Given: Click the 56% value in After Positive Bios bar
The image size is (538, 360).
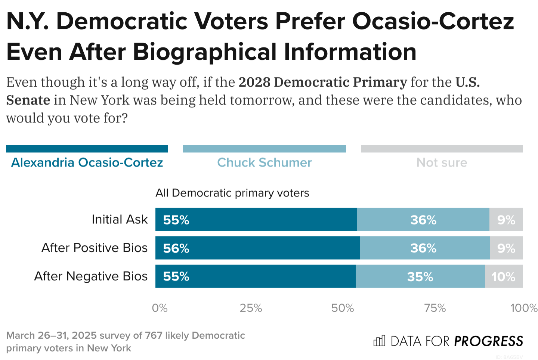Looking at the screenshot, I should pos(176,248).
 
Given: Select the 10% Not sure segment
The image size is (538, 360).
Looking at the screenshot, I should pos(503,277).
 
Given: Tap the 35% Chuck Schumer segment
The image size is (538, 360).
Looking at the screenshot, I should pos(420,277).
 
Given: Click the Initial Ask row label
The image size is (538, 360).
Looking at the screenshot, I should pos(120,220).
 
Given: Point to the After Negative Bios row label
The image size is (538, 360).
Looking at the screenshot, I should pos(91,276).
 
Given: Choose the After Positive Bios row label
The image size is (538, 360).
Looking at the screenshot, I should pos(95,248).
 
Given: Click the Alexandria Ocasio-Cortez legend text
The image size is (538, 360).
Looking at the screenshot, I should pos(87,162).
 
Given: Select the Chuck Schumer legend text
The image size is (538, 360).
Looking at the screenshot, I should pos(264,162).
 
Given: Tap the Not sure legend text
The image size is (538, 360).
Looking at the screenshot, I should pos(442,162).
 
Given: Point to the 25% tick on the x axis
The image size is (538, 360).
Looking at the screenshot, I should pos(251,308).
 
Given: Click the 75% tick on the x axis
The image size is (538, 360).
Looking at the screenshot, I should pos(435,308).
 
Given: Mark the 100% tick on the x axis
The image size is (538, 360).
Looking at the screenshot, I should pos(523,308).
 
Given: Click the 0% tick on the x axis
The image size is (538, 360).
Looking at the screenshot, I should pos(160,308).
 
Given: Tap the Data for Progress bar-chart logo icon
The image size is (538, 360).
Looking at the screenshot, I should pos(379,341).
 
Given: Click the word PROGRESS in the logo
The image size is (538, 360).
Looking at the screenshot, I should pos(488,341).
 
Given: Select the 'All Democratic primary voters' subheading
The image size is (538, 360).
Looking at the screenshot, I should pos(232,193).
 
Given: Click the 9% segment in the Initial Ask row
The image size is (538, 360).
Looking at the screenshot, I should pos(506,220).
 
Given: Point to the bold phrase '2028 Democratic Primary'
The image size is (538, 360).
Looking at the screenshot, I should pos(322,82).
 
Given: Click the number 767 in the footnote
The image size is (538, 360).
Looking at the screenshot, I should pos(154,335).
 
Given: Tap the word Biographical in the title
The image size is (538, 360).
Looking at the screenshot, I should pos(206,52).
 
